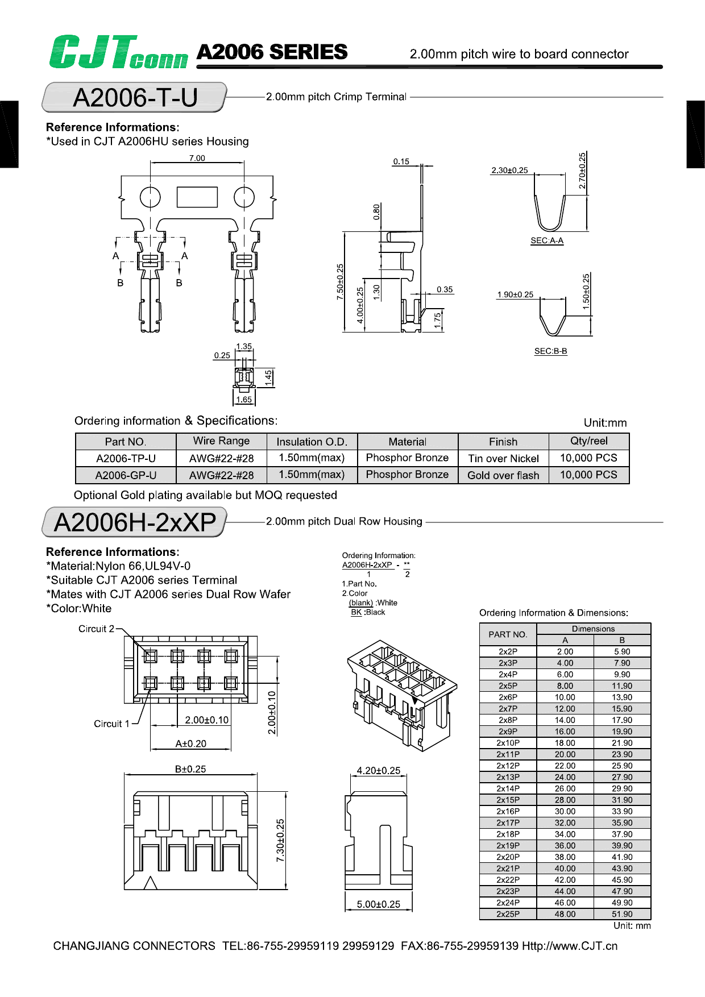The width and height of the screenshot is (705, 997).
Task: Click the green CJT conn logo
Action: coord(118,52)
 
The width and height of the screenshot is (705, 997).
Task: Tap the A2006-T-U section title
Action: coord(135,98)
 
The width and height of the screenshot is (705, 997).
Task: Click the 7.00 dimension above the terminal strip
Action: coord(197,158)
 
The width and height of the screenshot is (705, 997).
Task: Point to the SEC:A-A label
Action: coord(546,240)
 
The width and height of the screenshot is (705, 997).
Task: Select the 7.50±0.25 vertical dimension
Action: coord(340,281)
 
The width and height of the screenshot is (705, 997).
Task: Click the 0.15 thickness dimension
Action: coord(401,161)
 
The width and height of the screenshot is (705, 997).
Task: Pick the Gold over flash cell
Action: coord(503,475)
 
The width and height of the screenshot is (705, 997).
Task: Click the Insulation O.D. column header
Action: coord(311,442)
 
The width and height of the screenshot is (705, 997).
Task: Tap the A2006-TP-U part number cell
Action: coord(126,458)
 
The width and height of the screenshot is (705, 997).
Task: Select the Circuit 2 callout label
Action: coord(96,629)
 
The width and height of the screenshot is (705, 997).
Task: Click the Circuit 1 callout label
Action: coord(111,724)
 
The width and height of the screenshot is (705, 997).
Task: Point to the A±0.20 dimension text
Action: coord(190,743)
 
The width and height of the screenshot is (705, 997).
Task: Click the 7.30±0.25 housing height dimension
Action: coord(280,840)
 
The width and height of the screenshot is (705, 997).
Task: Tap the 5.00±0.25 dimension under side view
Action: coord(378,904)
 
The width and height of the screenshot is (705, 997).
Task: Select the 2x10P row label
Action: coord(508,743)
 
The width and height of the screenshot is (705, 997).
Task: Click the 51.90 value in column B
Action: coord(622,914)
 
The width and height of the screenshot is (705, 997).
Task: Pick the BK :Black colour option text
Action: coord(368,612)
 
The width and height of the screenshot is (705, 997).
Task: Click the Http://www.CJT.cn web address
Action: coord(569,946)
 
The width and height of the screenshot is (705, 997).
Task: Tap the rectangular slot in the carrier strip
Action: coord(197,197)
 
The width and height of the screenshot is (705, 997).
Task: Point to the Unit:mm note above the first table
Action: coord(605,423)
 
